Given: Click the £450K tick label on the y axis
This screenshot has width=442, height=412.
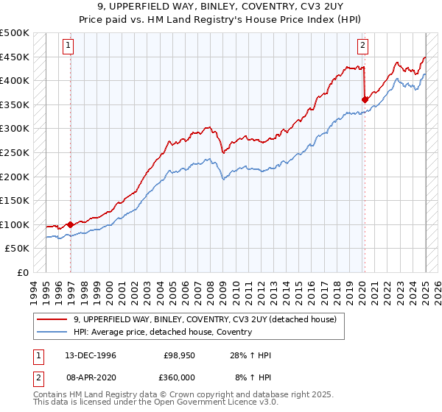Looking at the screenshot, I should click(x=15, y=57).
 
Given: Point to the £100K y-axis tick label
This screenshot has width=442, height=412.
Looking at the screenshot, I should click(x=15, y=224).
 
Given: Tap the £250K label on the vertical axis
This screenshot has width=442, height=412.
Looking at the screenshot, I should click(x=15, y=153).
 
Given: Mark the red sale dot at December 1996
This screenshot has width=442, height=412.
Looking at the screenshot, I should click(x=70, y=224).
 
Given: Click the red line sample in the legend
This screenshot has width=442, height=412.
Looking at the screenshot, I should click(x=52, y=319).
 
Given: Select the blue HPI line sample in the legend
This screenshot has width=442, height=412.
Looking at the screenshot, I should click(x=52, y=332).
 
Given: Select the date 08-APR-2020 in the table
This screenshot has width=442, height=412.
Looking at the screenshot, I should click(x=91, y=377).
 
